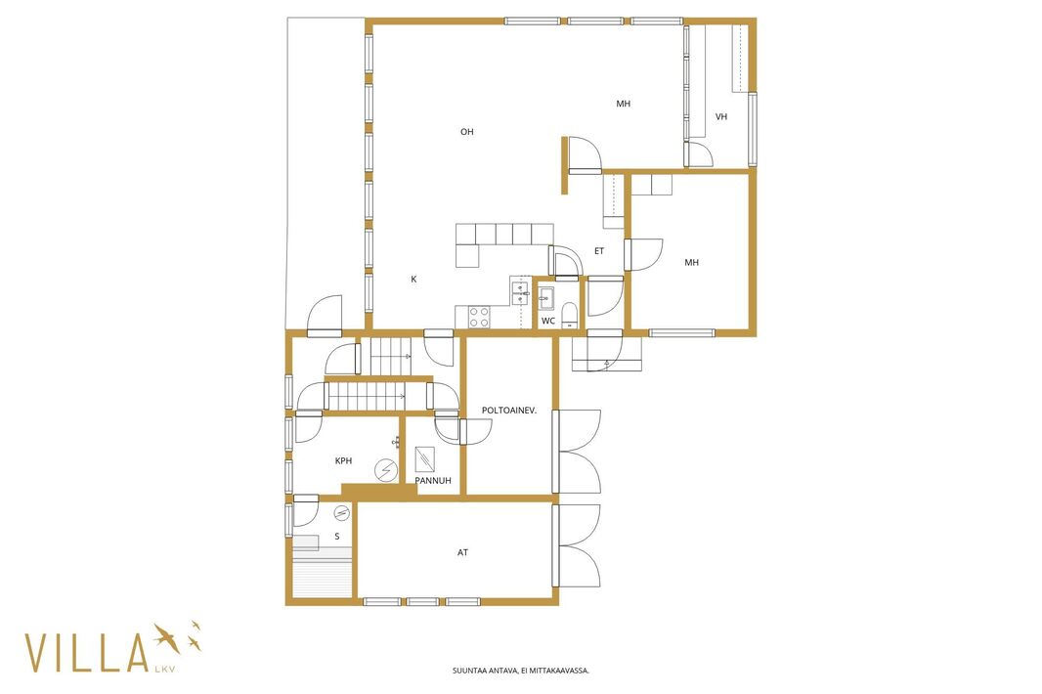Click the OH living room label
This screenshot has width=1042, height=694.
(467, 132)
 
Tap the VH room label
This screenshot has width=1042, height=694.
(721, 116)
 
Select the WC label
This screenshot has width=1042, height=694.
(548, 321)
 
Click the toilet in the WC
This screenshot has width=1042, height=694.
(570, 315)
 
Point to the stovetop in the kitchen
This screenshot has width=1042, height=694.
(479, 317)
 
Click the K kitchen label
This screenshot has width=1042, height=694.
(413, 280)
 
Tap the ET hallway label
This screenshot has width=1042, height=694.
(599, 251)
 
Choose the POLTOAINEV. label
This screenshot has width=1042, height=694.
(509, 411)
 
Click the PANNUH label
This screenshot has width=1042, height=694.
(433, 481)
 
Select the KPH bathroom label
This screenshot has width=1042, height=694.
(343, 460)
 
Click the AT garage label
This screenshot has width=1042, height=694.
(462, 552)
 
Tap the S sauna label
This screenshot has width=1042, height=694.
(337, 537)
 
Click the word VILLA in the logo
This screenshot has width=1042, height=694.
(86, 653)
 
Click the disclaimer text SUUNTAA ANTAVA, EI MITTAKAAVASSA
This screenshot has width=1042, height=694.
(521, 671)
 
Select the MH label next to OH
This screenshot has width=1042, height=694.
(623, 104)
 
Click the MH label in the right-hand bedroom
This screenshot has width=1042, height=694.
(692, 263)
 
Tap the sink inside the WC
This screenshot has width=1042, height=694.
(547, 298)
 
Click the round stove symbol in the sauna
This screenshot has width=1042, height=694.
(341, 512)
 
